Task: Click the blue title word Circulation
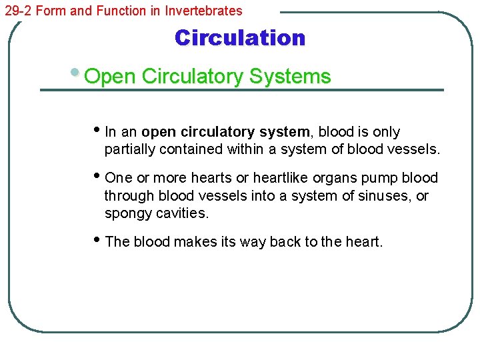click(239, 38)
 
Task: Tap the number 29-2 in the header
click(17, 11)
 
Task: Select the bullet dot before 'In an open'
click(99, 130)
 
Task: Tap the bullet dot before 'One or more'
click(99, 176)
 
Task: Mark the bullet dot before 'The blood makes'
click(99, 240)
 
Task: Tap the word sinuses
click(383, 196)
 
